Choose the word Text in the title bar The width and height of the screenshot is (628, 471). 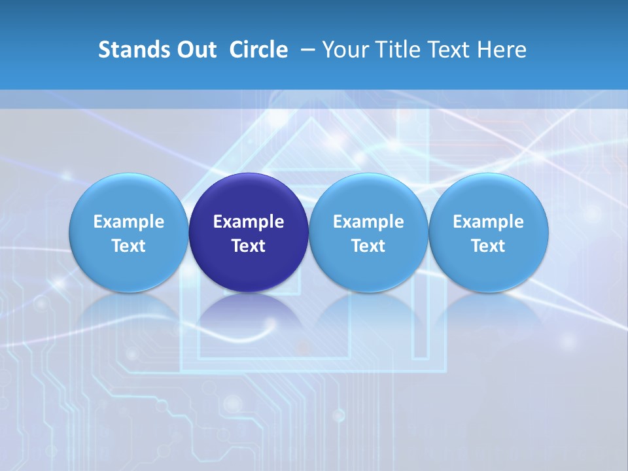451,50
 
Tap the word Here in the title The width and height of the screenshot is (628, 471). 504,50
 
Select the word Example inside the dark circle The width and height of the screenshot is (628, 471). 249,222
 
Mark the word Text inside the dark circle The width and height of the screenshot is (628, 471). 249,246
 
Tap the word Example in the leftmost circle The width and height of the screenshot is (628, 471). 128,222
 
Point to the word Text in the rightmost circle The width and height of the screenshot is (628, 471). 489,246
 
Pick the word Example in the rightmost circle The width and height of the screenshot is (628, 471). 489,222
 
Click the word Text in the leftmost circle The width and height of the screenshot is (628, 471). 128,246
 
